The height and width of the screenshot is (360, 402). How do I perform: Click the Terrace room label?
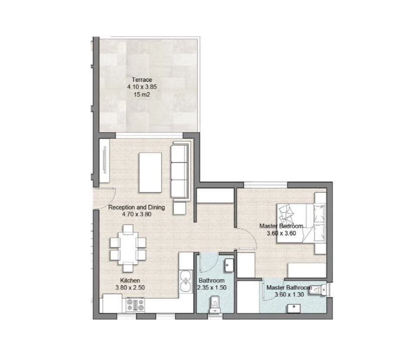point(142,79)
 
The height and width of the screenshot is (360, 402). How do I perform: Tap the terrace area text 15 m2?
point(142,95)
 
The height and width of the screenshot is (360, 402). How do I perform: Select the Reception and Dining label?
point(136,207)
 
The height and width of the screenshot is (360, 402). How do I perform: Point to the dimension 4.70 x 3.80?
point(137,214)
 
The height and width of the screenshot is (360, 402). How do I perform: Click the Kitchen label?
point(130,281)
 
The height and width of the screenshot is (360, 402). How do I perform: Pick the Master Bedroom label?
point(281,226)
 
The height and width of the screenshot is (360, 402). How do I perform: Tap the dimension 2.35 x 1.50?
point(212,288)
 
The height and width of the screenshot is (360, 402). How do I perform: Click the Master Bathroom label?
point(289,288)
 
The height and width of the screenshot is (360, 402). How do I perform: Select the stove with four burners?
point(135,305)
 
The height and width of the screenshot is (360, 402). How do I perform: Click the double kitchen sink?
point(186,281)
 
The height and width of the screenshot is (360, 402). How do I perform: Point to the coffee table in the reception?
point(150,172)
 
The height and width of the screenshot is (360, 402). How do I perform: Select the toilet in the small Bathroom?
point(215,305)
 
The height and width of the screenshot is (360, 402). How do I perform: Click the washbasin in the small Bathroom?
point(229,265)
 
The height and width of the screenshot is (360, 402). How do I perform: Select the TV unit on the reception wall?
point(104,161)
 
